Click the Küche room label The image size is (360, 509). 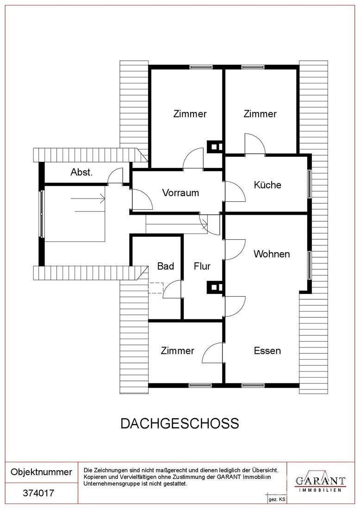pyautogui.click(x=267, y=185)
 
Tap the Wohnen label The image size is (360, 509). pyautogui.click(x=272, y=254)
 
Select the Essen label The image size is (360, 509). pyautogui.click(x=267, y=351)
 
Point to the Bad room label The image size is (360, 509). pyautogui.click(x=166, y=266)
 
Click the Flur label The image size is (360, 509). pyautogui.click(x=202, y=266)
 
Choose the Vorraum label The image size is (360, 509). pyautogui.click(x=180, y=193)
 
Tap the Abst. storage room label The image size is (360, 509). pyautogui.click(x=82, y=172)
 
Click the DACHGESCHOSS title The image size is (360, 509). pyautogui.click(x=180, y=423)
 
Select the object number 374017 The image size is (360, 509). pyautogui.click(x=38, y=493)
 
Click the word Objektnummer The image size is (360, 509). pyautogui.click(x=42, y=472)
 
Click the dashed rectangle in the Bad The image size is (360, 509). pyautogui.click(x=156, y=288)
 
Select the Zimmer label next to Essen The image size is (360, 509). pyautogui.click(x=177, y=351)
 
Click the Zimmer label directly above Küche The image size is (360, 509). pyautogui.click(x=260, y=114)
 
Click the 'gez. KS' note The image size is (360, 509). pyautogui.click(x=277, y=500)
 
